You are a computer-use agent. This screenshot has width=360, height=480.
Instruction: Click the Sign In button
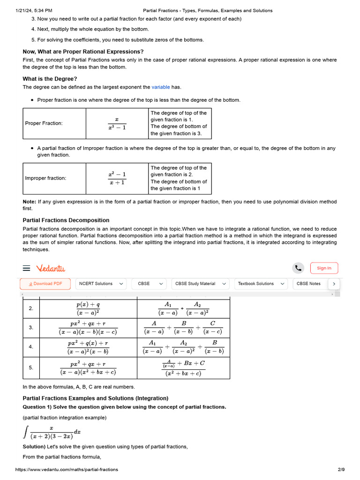324,268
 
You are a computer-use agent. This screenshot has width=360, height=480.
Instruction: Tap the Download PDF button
45,284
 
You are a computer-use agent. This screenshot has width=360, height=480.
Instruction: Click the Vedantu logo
51,268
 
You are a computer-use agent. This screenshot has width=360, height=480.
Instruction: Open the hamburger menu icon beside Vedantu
27,268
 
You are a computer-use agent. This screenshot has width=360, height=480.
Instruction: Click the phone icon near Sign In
298,268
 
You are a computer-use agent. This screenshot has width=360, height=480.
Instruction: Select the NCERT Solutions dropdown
101,284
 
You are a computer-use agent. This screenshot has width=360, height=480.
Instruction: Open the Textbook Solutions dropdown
262,284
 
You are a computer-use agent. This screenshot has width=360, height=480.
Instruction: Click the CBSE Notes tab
309,284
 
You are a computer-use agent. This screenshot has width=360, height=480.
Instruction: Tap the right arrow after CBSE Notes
334,284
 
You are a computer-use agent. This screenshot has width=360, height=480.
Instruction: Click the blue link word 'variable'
161,87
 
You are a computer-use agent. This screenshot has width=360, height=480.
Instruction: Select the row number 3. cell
31,328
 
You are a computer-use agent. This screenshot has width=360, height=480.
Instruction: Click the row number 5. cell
31,367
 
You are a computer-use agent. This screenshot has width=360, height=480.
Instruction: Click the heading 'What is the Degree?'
50,79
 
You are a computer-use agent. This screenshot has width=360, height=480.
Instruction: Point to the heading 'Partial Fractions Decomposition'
66,220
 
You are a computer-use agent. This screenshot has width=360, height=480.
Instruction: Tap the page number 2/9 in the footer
341,469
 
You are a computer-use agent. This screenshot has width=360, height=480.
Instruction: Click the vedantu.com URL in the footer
67,469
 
